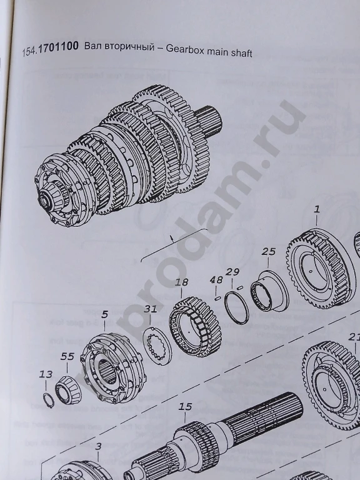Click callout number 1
point(317,211)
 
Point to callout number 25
point(268,252)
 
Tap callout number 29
point(232,271)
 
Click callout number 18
point(181,282)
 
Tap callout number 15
point(185,407)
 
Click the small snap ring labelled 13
point(47,398)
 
